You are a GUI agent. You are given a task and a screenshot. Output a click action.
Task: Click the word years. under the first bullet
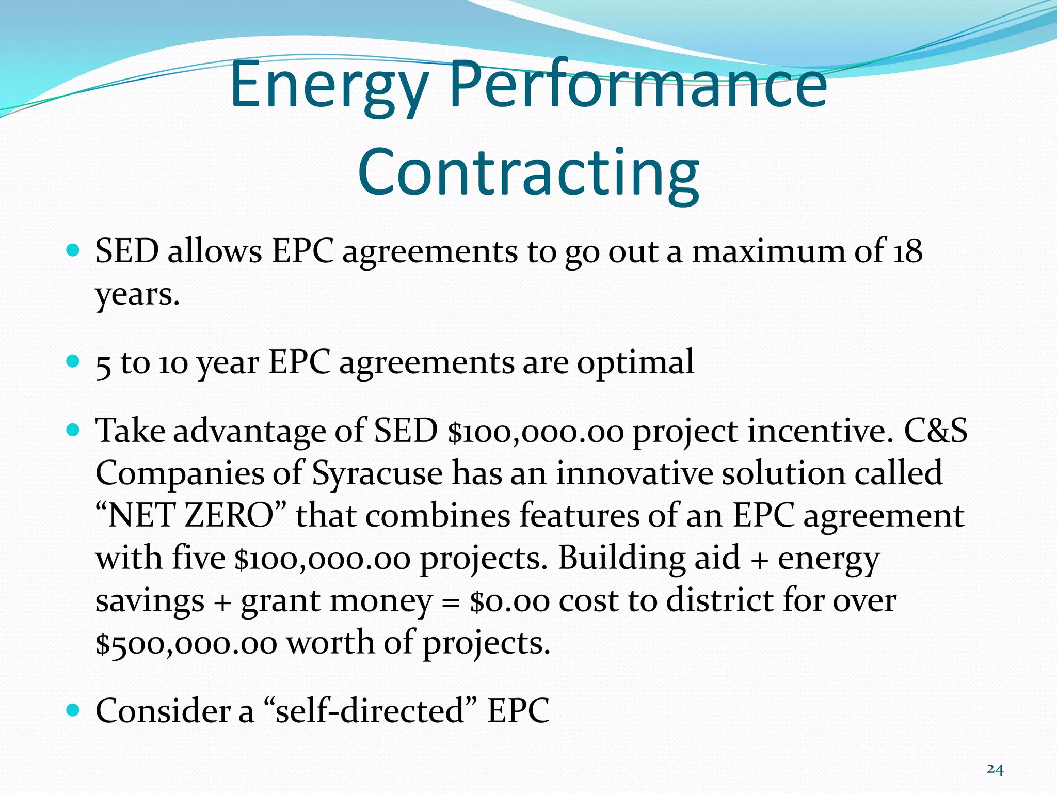[x=137, y=295]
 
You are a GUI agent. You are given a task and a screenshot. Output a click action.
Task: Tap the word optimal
[x=635, y=363]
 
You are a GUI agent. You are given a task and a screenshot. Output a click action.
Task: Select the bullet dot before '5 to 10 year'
[x=73, y=360]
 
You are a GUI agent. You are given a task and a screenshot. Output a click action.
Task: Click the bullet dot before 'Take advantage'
[x=73, y=429]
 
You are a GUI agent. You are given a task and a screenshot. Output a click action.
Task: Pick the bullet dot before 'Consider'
[x=73, y=710]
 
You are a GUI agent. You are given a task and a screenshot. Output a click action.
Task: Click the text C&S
[x=935, y=431]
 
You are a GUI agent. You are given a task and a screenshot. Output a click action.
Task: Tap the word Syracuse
[x=377, y=473]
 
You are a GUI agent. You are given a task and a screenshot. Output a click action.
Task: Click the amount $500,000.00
[x=186, y=643]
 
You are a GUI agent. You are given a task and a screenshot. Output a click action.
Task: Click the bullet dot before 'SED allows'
[x=73, y=251]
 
